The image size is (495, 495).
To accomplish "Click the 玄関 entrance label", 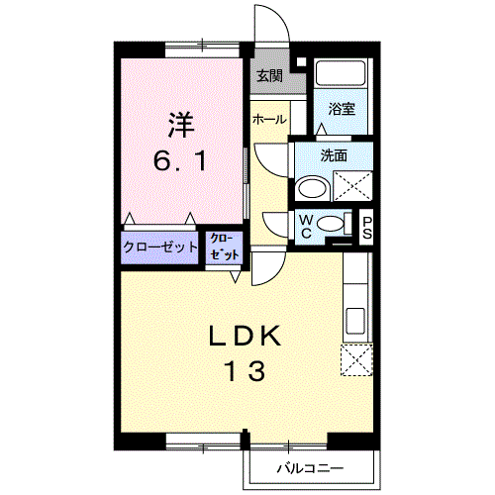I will coord(268,75).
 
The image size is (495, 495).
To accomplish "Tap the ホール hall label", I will coord(269,119).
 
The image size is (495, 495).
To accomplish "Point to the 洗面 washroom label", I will coord(333,154).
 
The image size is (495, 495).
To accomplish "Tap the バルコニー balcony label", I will coord(310,467).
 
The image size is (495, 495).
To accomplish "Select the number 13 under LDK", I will coord(244,372).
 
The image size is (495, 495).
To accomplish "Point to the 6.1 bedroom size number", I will coord(180,160).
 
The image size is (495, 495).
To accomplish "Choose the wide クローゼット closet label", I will coord(160,248).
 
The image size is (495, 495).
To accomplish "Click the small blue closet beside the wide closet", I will coord(223,248).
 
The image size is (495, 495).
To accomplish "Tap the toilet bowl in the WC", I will coord(333,223).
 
